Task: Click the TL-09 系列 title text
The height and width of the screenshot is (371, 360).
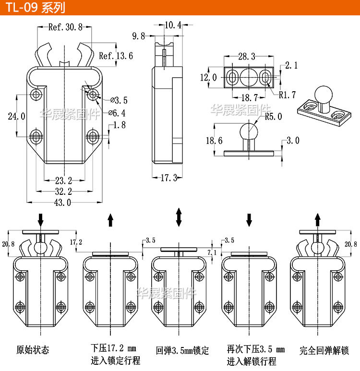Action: [34, 8]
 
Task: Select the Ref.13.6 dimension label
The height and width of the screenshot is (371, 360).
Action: [116, 56]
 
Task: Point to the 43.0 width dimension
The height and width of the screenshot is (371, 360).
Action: [62, 203]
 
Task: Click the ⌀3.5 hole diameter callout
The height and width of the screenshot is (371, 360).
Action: [119, 100]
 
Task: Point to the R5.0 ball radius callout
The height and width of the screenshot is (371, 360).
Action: [273, 116]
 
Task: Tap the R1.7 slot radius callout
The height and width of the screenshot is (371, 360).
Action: [287, 95]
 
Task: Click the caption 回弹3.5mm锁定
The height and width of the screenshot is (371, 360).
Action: [182, 350]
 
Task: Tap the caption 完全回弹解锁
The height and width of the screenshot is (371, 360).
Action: [324, 350]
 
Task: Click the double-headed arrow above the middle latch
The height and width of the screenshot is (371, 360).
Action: [179, 217]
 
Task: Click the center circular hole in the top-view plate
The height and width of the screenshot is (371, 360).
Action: [248, 77]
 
